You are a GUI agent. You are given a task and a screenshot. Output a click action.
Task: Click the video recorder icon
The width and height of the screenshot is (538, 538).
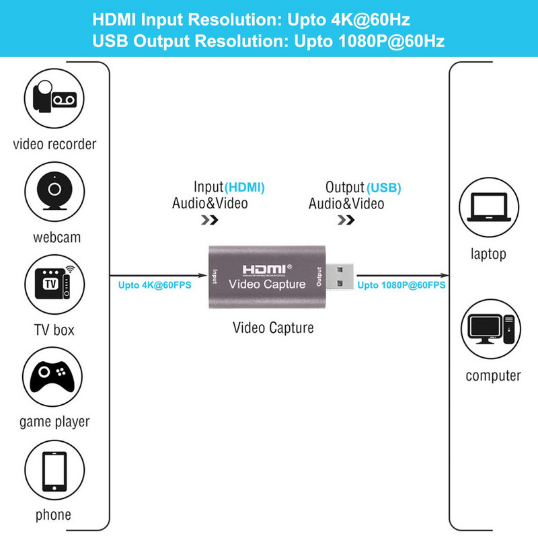(x=54, y=100)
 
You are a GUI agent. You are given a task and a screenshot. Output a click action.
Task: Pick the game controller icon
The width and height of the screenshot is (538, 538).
(x=54, y=377)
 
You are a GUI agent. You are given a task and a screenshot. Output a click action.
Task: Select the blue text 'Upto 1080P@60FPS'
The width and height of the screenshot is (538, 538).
(x=401, y=285)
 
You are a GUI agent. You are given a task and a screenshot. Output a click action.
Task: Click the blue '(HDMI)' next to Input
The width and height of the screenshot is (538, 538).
(x=245, y=187)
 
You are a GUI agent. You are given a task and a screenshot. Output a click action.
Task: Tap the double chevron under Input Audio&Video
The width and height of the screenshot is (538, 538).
(x=209, y=219)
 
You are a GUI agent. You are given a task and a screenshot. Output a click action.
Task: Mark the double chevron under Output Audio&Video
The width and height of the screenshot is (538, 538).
(x=346, y=219)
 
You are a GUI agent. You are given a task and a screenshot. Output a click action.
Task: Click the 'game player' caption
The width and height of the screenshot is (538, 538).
(x=54, y=422)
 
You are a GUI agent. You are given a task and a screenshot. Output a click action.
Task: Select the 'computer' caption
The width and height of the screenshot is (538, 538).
(x=493, y=375)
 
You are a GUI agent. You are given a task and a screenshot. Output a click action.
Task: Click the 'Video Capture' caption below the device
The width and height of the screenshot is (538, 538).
(x=273, y=328)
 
